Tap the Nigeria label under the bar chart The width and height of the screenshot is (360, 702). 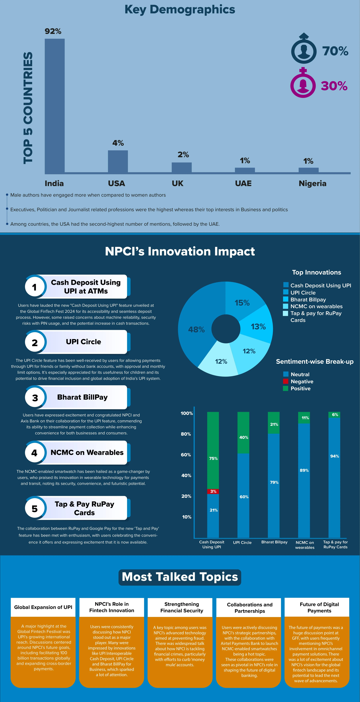(x=312, y=183)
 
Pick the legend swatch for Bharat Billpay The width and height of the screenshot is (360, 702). (x=286, y=299)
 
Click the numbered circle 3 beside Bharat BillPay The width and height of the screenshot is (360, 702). (x=35, y=398)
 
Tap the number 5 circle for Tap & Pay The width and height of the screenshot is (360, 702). (x=35, y=508)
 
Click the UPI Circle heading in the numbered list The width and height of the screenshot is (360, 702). (x=83, y=342)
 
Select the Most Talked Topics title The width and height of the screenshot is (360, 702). (x=180, y=577)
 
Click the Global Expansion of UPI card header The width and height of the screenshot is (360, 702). (x=43, y=607)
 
